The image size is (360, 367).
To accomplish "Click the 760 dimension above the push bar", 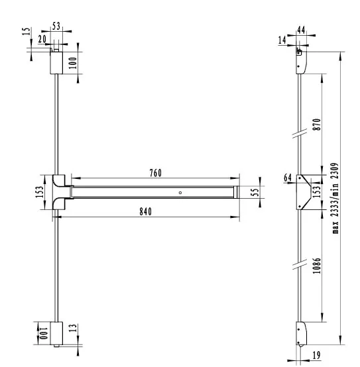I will pos(156,173).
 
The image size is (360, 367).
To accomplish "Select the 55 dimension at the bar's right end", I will pos(255,192).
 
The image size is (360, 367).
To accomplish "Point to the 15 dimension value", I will pos(26,33).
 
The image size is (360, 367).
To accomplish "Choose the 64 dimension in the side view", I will pos(287,177).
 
